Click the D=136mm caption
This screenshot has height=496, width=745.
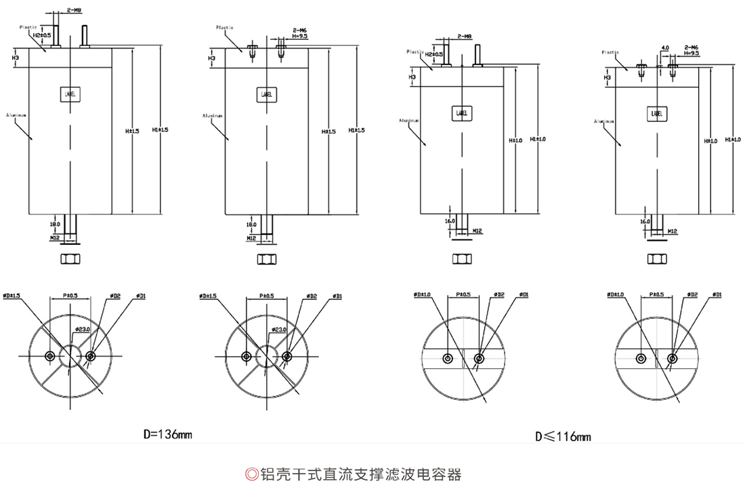(x=168, y=434)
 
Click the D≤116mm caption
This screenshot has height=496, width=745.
(x=563, y=436)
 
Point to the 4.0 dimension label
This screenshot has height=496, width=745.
(x=665, y=48)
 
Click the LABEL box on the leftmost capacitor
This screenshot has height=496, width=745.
(x=70, y=95)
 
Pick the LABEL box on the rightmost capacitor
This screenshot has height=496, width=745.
(x=656, y=114)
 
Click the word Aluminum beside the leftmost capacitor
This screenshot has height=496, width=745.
(x=16, y=115)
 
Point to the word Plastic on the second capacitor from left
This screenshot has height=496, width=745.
(x=225, y=28)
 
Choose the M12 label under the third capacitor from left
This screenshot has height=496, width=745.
(x=477, y=231)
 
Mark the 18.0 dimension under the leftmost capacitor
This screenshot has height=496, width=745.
(x=55, y=223)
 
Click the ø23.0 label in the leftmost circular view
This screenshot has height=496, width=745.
(x=82, y=329)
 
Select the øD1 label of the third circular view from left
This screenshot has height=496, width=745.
(x=524, y=294)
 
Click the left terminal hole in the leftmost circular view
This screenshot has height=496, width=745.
(x=50, y=356)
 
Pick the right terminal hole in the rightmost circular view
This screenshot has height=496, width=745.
(x=672, y=358)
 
